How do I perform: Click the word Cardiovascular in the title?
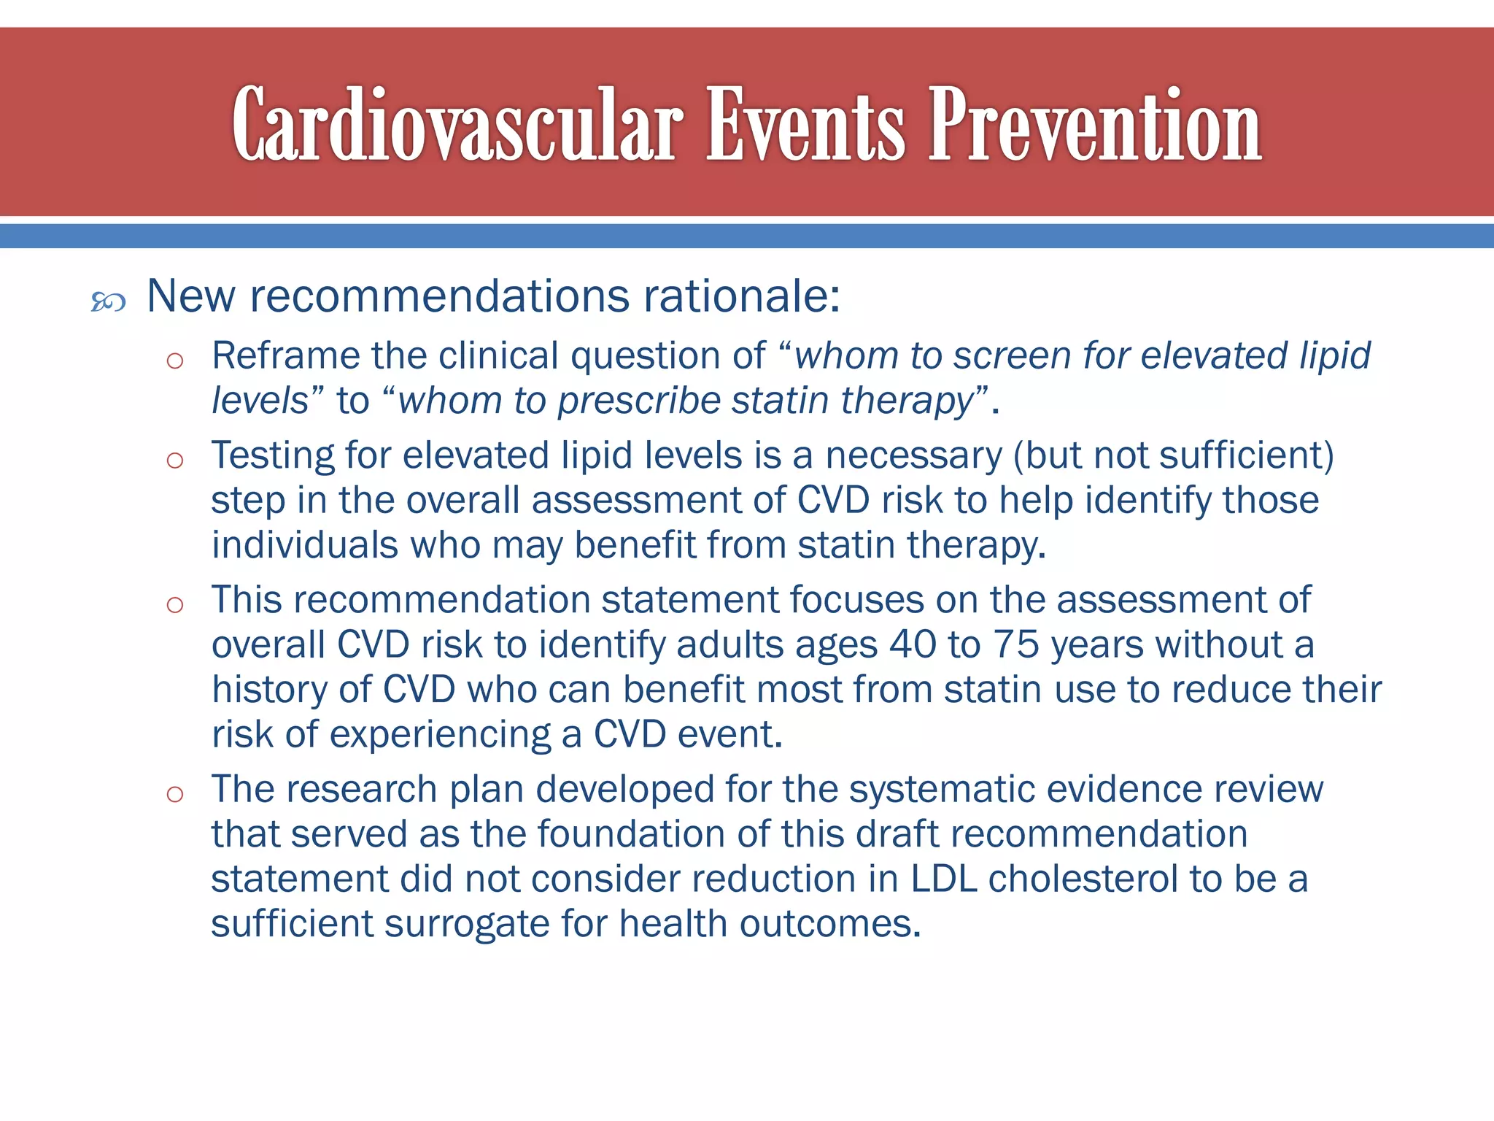point(457,126)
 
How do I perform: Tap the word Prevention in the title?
point(1094,126)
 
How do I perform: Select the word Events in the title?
point(805,126)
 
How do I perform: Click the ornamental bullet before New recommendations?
point(109,301)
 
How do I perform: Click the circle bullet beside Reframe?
point(174,361)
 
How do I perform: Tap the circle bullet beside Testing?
point(174,460)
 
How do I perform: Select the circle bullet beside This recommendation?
point(174,604)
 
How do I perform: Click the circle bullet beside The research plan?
point(174,794)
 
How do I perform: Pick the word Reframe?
point(285,356)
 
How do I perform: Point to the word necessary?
point(913,456)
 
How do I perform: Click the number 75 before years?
point(1016,644)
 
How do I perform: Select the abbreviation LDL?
point(944,879)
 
